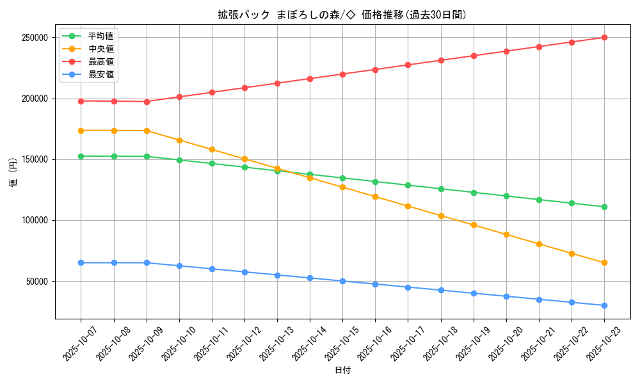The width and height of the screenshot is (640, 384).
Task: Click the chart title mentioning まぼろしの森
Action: tap(342, 15)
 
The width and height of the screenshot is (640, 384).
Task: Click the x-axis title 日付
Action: tap(342, 370)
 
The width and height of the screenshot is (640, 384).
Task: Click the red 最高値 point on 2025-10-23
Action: tap(604, 37)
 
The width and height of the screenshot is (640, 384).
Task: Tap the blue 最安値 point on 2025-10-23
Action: tap(604, 305)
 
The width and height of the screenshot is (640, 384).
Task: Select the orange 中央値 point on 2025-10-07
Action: tap(81, 131)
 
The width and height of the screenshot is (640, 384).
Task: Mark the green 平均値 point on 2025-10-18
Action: tap(440, 189)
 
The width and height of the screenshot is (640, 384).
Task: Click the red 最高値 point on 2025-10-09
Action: tap(147, 102)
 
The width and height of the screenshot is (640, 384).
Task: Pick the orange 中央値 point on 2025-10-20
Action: tap(506, 234)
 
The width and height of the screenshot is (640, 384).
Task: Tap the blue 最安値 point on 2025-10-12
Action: tap(244, 272)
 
